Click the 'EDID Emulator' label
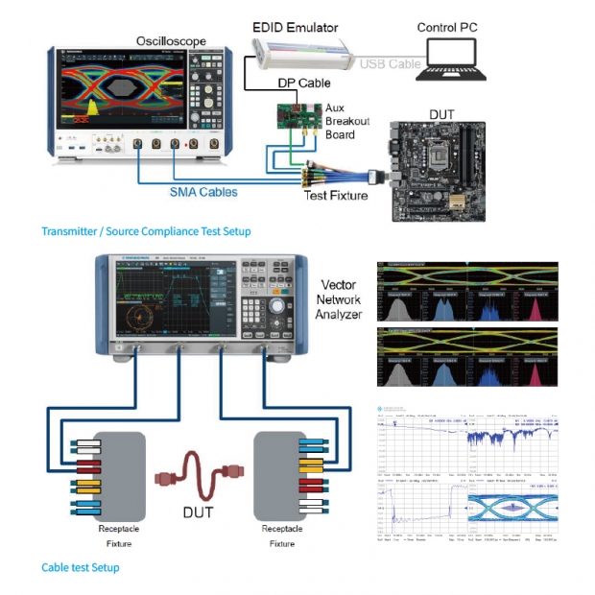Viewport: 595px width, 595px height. click(x=297, y=28)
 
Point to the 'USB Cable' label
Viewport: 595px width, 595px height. click(x=390, y=63)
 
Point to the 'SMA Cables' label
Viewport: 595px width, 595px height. click(x=203, y=192)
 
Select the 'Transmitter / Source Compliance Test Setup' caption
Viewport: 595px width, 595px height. click(x=146, y=231)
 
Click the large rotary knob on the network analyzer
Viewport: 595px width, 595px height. click(x=275, y=306)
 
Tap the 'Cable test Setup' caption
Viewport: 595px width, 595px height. click(x=81, y=567)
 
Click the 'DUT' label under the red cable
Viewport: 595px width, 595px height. click(x=198, y=512)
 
